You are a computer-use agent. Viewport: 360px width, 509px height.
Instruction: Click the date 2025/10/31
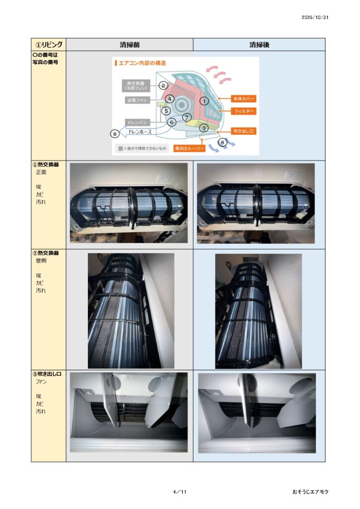315,17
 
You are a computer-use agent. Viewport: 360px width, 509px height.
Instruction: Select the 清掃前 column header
129,45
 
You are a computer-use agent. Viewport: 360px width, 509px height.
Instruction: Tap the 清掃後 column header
259,45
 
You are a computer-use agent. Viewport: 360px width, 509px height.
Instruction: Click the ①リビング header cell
49,44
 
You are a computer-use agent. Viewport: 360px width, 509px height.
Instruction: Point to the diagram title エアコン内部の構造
142,63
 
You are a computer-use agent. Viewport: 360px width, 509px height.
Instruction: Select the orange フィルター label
244,111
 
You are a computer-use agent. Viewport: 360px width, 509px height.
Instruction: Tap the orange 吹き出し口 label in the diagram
244,131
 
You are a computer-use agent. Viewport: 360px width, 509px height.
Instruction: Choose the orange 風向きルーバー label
189,148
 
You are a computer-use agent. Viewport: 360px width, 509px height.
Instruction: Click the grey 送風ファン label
137,100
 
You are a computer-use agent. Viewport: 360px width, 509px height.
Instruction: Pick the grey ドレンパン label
137,122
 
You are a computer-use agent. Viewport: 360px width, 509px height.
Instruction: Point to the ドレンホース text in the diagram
140,132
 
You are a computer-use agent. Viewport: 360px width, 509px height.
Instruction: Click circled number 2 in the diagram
163,85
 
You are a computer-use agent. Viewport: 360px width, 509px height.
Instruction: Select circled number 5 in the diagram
166,111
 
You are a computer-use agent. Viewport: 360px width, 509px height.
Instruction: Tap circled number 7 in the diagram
186,117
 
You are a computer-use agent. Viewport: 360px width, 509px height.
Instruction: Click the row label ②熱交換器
45,253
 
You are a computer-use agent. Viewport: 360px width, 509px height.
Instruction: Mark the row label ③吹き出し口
47,374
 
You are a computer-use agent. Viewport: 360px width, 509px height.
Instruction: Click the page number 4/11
180,492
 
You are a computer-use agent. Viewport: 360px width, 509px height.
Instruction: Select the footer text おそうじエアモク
310,492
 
